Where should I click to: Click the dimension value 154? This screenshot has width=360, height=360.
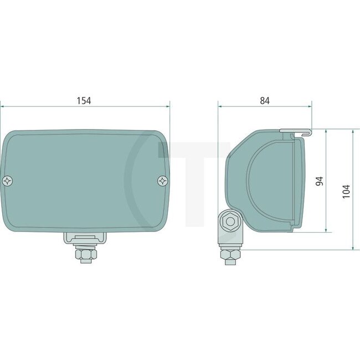pyautogui.click(x=84, y=100)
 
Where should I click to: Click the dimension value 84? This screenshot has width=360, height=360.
pyautogui.click(x=264, y=100)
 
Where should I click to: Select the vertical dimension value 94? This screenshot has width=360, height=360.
pyautogui.click(x=320, y=181)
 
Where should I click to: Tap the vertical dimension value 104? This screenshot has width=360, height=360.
pyautogui.click(x=346, y=190)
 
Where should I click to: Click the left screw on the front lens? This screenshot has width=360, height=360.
pyautogui.click(x=7, y=181)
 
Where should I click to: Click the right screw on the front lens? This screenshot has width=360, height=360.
pyautogui.click(x=162, y=181)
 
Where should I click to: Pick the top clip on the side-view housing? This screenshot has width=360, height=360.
pyautogui.click(x=295, y=132)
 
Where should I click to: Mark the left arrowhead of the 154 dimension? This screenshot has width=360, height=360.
pyautogui.click(x=3, y=106)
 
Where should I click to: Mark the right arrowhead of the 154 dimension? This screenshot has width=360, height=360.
pyautogui.click(x=167, y=106)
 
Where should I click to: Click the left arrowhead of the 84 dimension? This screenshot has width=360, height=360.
pyautogui.click(x=220, y=106)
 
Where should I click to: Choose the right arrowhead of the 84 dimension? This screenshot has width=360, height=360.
pyautogui.click(x=309, y=106)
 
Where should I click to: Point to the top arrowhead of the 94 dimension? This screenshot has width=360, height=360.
pyautogui.click(x=327, y=133)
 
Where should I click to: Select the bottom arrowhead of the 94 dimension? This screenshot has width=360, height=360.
pyautogui.click(x=327, y=229)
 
